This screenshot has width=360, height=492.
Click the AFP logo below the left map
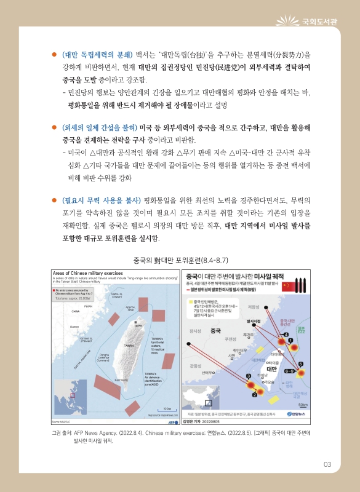pos(172,423)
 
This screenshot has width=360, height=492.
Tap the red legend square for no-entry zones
pos(54,290)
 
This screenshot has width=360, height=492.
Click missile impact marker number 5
pos(301,347)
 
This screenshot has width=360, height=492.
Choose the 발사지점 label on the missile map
pos(255,321)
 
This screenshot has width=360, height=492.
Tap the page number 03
pos(327,464)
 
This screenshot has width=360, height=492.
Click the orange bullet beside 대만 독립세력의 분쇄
pos(54,54)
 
